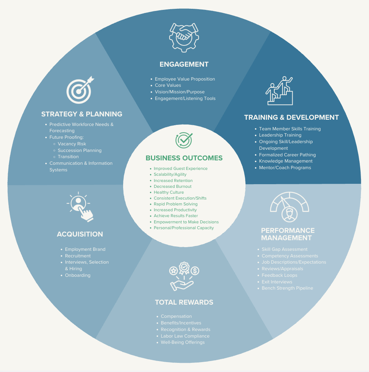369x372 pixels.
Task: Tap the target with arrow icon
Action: click(80, 89)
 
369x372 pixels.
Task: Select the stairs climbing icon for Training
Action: click(279, 91)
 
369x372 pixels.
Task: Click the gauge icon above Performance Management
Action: click(289, 207)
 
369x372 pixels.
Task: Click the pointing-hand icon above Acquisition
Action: click(81, 207)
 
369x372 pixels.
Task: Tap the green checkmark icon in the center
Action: click(184, 141)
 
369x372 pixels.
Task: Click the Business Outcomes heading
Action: click(184, 158)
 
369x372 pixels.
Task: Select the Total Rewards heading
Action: click(184, 302)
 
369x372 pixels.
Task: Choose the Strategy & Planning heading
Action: click(81, 114)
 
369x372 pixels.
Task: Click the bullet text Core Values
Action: click(168, 85)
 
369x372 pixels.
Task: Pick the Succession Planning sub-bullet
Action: click(79, 150)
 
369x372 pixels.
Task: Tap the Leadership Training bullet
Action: click(280, 135)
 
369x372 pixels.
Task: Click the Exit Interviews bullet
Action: click(277, 282)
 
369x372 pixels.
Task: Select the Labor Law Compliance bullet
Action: click(185, 336)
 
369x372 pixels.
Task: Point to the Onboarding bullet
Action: click(77, 275)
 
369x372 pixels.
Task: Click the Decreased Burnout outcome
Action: click(172, 186)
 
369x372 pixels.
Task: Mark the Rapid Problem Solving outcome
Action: click(175, 204)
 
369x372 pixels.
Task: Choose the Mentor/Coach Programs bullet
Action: click(285, 168)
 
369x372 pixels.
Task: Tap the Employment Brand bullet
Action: click(85, 249)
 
